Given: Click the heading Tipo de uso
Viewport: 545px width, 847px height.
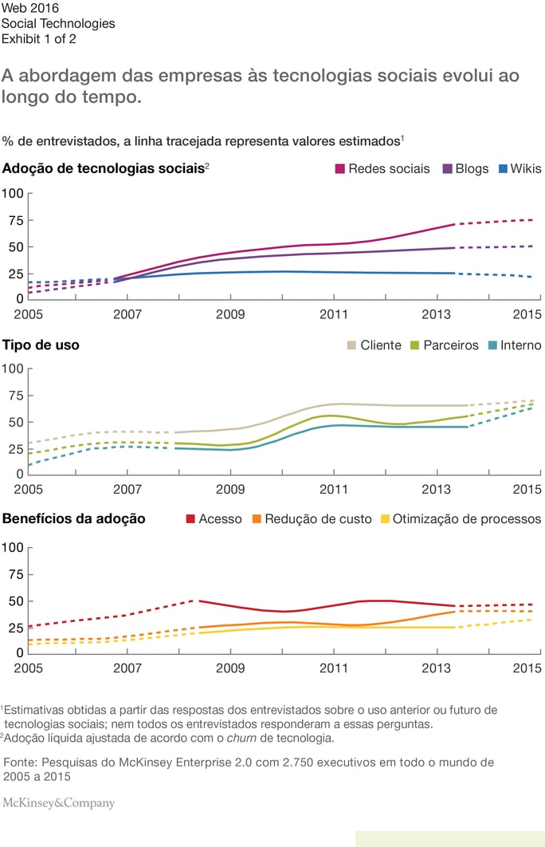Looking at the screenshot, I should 41,345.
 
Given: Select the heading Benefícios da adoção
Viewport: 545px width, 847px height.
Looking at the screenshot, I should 74,519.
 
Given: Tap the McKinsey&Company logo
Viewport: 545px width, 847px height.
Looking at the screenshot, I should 59,803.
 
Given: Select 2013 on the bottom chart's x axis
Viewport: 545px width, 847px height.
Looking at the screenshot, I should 436,667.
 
